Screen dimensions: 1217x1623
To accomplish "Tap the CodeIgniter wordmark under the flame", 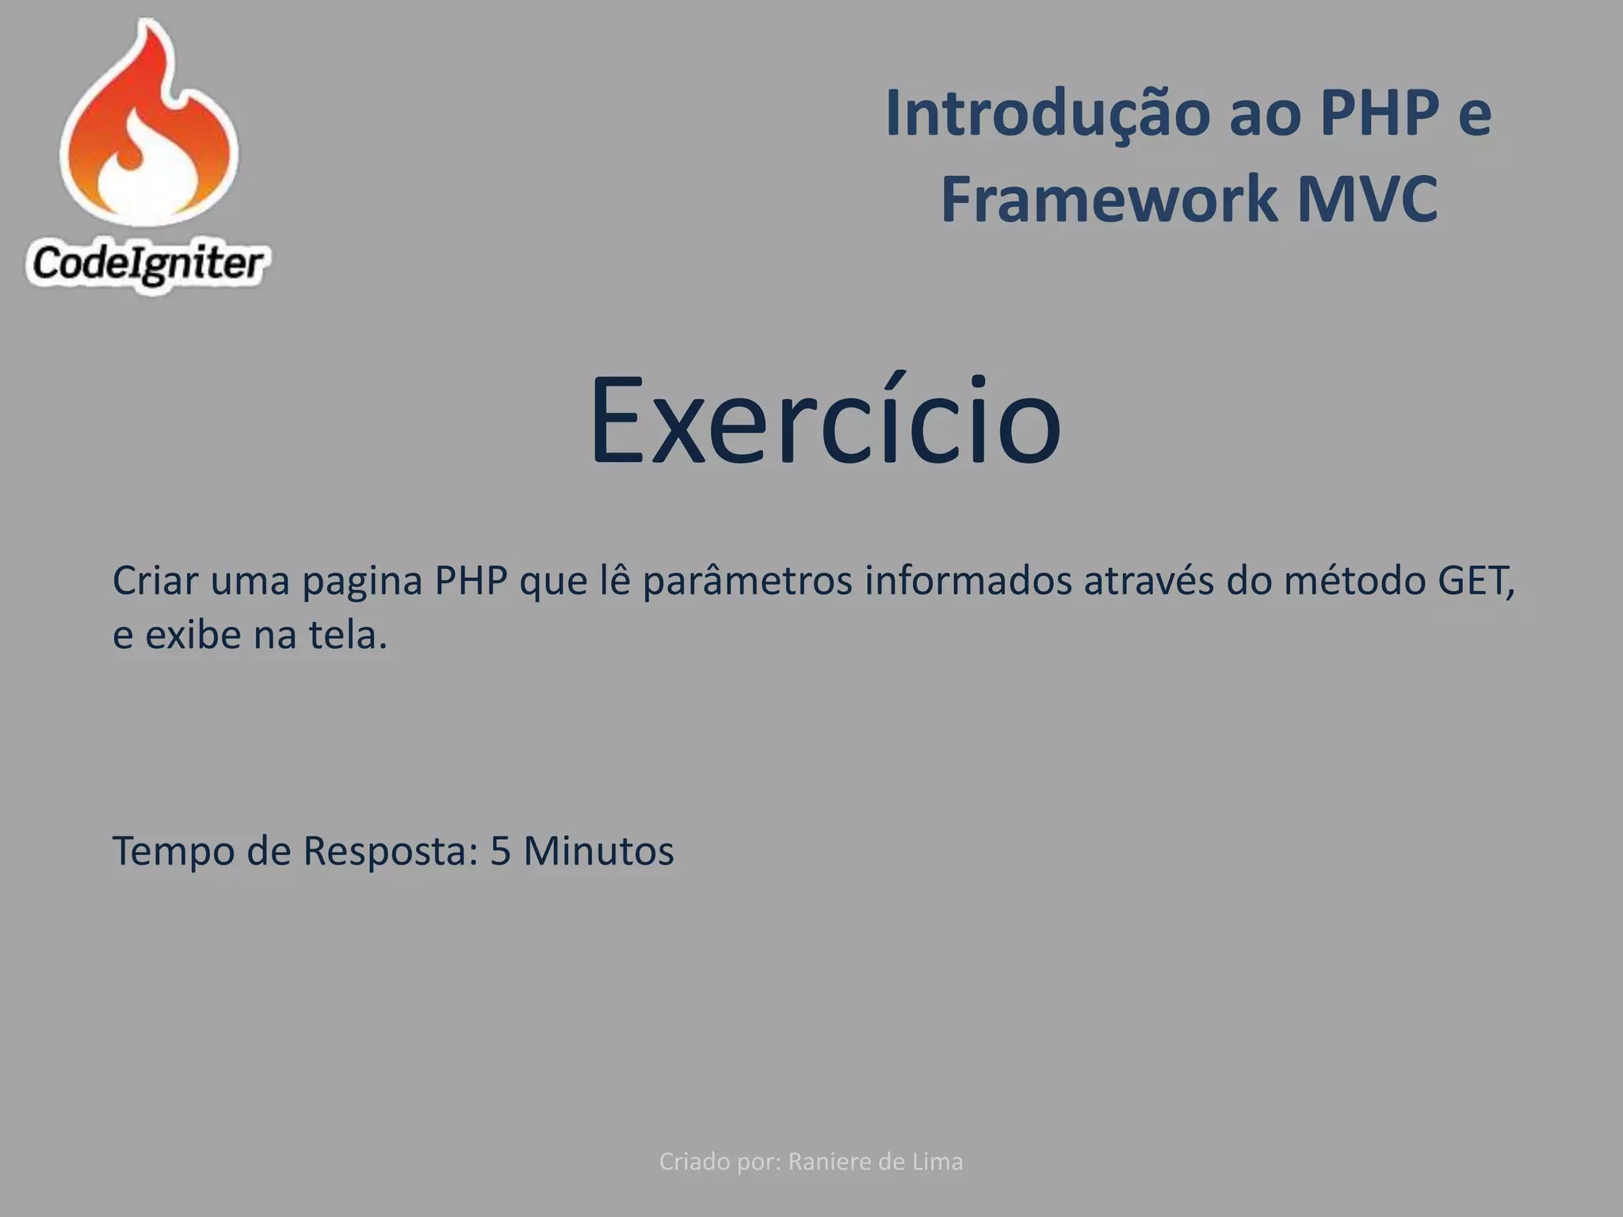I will pos(147,264).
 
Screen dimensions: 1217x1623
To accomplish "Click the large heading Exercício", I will pos(824,420).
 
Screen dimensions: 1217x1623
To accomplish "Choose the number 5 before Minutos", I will pos(500,852).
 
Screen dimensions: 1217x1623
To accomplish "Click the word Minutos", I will pos(598,852).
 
